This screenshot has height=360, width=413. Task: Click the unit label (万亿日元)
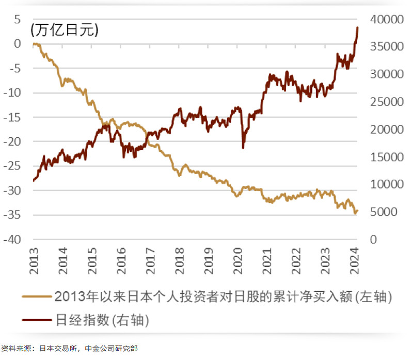[65, 30]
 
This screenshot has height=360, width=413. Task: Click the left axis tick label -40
[14, 240]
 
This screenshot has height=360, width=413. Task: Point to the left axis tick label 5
[18, 19]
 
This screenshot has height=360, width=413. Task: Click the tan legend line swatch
[37, 297]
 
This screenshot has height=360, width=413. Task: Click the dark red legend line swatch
[37, 321]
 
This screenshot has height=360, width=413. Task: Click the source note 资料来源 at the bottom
[69, 349]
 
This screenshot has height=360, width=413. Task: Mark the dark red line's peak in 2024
[357, 27]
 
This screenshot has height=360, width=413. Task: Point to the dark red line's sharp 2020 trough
[243, 148]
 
